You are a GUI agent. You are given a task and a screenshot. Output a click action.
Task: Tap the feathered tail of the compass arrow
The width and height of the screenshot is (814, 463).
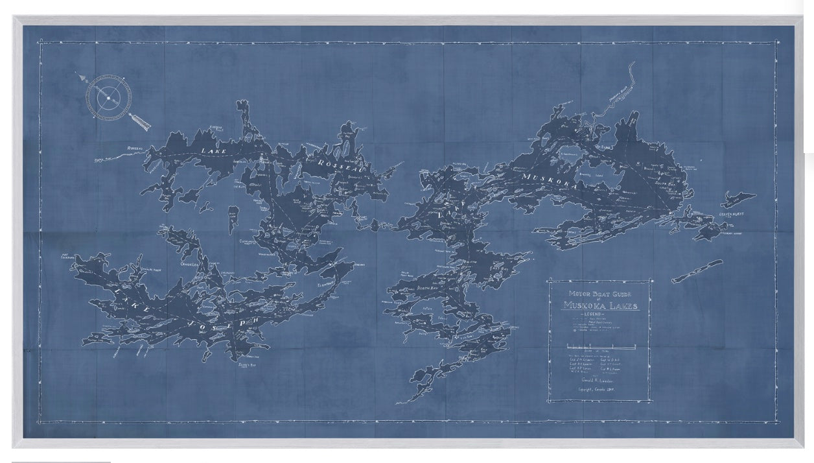click(139, 121)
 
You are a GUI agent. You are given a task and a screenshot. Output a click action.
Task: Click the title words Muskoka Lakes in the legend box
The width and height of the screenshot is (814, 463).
click(600, 305)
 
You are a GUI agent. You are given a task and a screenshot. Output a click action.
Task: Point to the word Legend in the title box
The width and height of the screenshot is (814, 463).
click(600, 314)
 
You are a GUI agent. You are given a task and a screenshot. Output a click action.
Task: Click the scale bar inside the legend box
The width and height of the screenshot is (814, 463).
click(599, 345)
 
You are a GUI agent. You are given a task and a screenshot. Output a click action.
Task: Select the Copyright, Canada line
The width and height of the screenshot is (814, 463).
click(599, 390)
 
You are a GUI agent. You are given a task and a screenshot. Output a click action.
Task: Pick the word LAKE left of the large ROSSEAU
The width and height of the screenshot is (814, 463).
click(214, 152)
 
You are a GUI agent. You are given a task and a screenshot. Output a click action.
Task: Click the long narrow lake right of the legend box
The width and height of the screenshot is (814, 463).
click(697, 270)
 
